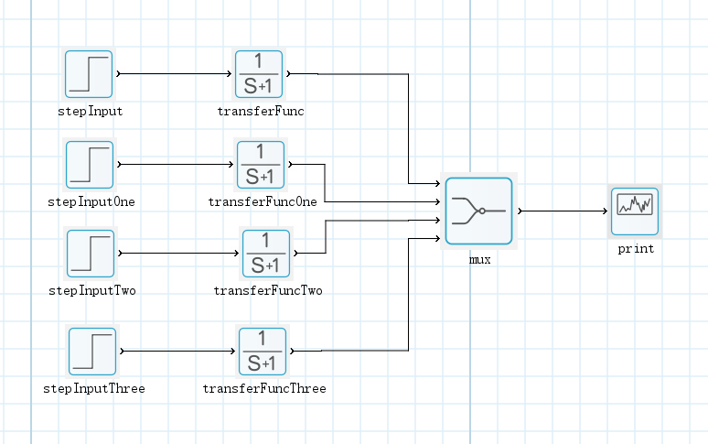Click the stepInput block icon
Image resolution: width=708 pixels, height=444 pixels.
89,74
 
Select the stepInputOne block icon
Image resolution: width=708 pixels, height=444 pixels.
90,165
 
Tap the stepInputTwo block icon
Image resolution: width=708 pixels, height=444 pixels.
91,254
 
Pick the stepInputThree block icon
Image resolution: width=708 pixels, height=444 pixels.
92,351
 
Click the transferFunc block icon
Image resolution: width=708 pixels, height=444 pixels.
259,74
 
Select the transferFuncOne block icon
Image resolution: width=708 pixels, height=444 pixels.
261,165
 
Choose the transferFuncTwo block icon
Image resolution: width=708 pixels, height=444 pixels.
265,254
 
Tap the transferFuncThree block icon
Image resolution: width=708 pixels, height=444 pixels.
263,351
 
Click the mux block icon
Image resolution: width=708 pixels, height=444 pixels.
478,211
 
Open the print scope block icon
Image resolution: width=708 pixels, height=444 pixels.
634,211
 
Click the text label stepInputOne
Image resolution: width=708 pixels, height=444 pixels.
91,201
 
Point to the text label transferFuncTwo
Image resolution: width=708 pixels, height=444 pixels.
267,291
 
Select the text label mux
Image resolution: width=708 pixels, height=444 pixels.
479,259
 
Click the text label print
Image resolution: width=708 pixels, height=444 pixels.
635,249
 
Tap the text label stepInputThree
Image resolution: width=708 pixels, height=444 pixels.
93,388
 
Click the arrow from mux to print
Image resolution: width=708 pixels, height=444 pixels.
563,211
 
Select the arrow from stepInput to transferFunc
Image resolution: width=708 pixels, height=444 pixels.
174,72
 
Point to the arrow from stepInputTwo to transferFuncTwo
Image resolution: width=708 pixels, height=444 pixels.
178,254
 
